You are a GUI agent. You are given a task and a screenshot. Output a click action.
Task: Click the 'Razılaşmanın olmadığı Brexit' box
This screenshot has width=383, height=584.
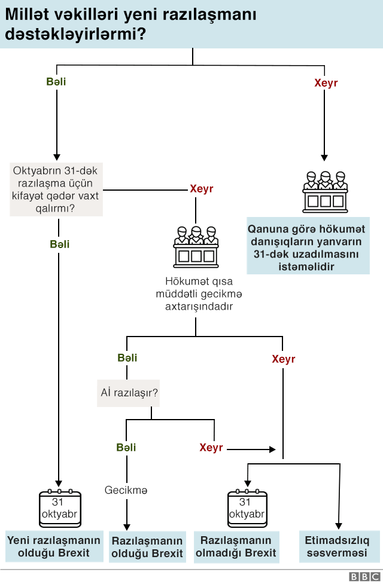(x=236, y=546)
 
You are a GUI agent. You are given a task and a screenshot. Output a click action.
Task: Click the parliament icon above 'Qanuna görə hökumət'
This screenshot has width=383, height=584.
(x=324, y=192)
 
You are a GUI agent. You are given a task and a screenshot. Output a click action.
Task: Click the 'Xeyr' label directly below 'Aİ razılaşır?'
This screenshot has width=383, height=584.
(x=211, y=448)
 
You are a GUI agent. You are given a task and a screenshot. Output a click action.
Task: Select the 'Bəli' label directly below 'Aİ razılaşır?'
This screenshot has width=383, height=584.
(x=126, y=448)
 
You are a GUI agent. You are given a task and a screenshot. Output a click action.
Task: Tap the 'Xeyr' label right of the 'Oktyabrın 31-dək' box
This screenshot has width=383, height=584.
(x=201, y=189)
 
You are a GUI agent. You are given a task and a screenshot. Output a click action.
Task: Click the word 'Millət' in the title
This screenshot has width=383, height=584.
(x=28, y=14)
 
